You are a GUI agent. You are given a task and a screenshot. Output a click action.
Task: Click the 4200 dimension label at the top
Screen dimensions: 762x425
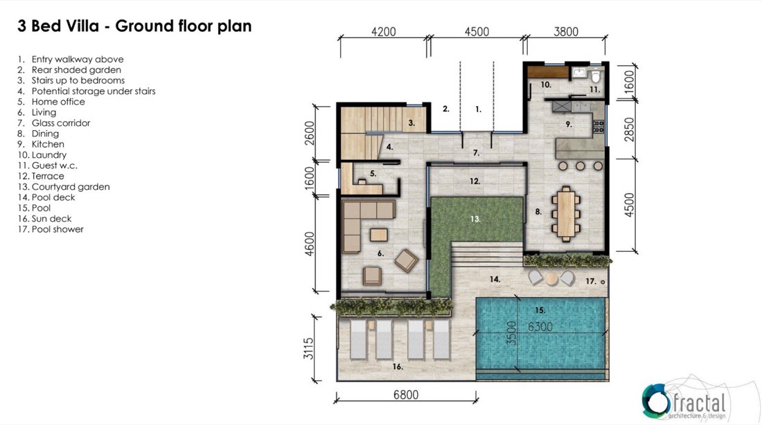pos(384,32)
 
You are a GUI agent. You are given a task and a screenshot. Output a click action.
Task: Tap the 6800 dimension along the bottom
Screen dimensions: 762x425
pos(406,395)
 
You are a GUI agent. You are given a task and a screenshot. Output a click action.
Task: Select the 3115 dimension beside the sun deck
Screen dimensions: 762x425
pos(308,348)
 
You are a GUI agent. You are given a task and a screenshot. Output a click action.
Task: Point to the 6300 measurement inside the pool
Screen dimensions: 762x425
pos(540,327)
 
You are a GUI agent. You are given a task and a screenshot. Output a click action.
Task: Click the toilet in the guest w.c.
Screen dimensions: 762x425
pos(596,76)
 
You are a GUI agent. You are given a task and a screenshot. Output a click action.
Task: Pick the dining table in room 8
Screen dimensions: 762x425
pos(566,214)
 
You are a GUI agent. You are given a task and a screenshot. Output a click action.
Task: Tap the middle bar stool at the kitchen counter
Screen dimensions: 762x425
pos(581,166)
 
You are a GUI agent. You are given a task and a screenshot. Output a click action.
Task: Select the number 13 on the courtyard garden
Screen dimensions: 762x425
pos(475,219)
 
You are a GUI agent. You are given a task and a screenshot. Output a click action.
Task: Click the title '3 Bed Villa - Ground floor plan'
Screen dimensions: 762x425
pos(134,26)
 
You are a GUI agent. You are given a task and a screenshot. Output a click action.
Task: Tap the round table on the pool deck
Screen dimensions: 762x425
pos(551,278)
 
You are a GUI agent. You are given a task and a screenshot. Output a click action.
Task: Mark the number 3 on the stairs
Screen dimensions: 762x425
pos(411,123)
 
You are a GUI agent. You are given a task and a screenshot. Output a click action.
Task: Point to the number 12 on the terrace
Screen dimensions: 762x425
pos(475,181)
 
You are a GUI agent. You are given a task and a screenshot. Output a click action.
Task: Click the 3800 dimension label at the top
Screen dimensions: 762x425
pos(566,32)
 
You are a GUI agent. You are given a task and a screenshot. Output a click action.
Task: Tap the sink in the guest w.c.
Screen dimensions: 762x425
pos(579,73)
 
